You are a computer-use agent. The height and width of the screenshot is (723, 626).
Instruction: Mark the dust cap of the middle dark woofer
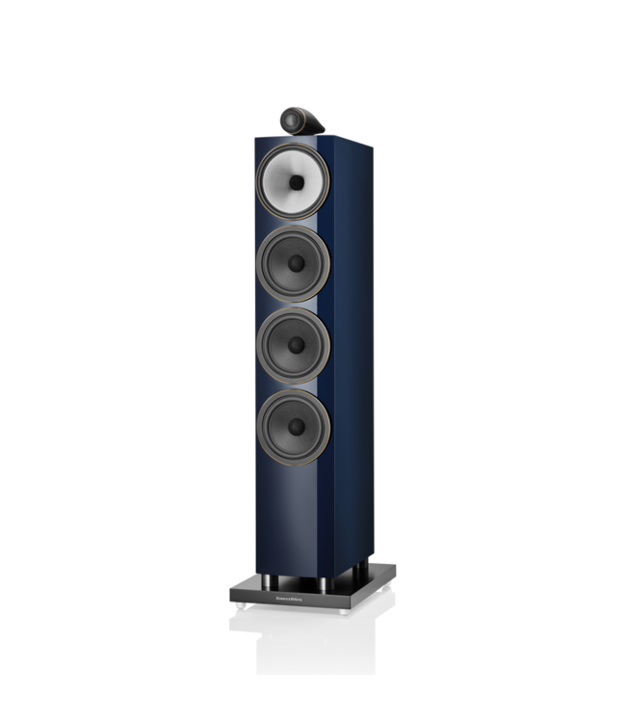point(294,345)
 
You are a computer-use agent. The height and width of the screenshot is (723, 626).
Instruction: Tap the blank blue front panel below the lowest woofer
point(289,511)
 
